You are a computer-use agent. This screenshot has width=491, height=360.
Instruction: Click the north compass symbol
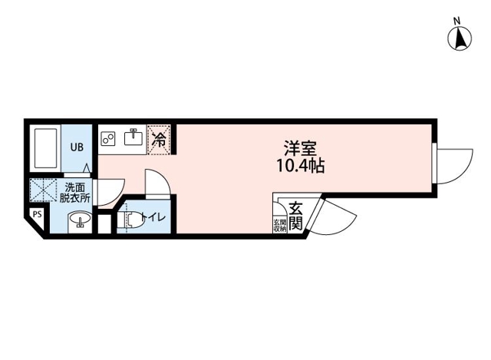460,39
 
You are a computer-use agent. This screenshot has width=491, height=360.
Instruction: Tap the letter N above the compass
457,21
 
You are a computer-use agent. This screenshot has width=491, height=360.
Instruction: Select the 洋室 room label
300,148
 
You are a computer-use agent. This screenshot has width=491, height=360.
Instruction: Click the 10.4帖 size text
300,166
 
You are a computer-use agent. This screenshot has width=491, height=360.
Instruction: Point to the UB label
77,147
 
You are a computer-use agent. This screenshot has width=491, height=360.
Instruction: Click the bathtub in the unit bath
46,148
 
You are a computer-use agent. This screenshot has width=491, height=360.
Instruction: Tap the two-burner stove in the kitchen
108,138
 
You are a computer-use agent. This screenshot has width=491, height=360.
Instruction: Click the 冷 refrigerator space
159,140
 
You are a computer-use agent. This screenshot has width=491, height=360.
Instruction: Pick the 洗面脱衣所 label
75,193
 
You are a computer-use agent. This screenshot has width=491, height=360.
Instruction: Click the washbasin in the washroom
80,219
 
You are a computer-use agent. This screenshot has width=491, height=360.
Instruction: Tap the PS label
38,215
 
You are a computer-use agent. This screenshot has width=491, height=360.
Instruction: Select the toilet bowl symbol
130,219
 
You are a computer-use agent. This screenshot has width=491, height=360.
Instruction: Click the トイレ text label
153,217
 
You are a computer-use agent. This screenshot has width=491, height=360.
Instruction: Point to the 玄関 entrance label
295,216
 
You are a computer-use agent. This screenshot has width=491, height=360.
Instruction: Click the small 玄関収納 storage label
280,225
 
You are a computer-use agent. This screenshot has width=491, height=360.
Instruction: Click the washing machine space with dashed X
43,190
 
